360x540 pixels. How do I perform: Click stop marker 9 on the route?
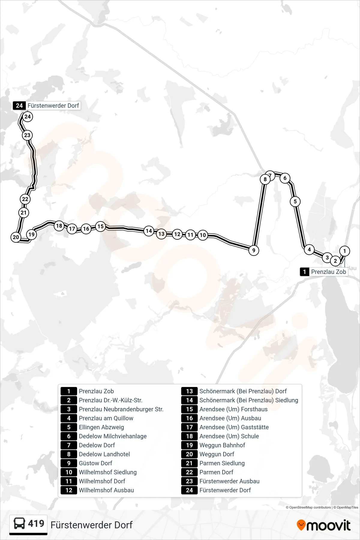(x=254, y=250)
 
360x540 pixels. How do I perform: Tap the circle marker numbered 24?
(x=28, y=117)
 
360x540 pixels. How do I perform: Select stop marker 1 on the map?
(x=344, y=251)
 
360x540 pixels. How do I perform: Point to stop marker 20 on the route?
(x=16, y=237)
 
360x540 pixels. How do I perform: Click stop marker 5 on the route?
(x=295, y=202)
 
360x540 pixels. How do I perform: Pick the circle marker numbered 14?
(x=149, y=231)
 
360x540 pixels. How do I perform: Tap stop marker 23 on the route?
(x=27, y=135)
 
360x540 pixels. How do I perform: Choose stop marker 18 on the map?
(x=59, y=226)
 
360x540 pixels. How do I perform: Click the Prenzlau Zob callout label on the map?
(x=324, y=272)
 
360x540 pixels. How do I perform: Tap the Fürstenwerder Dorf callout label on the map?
(x=47, y=106)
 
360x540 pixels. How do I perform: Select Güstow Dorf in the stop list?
(x=95, y=463)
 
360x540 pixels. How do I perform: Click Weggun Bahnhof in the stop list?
(x=222, y=445)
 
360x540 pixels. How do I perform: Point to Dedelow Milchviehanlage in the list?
(x=113, y=436)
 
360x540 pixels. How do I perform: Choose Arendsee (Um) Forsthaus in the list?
(x=233, y=409)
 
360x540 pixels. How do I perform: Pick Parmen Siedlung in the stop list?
(x=222, y=463)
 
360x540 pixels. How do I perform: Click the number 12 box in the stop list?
(x=69, y=490)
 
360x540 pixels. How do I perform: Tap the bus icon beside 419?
(x=19, y=523)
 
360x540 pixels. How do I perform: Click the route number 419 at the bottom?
(x=36, y=523)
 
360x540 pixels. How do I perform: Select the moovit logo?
(x=323, y=525)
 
